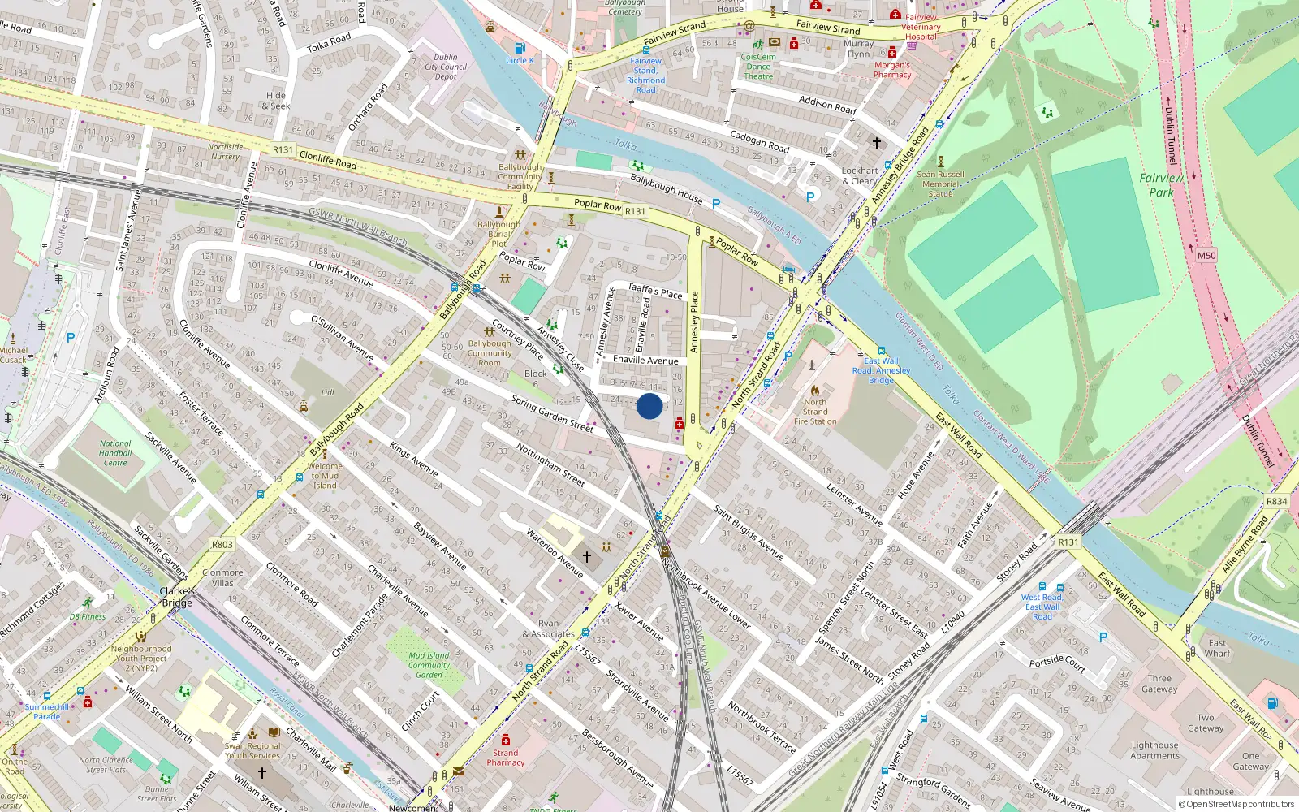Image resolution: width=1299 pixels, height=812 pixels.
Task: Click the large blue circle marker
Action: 649,406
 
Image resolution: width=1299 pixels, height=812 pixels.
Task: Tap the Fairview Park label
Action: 1161,185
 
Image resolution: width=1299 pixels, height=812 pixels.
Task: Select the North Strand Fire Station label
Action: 815,412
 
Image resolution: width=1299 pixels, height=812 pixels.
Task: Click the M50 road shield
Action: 1206,256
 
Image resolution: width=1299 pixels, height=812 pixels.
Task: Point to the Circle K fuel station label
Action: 520,60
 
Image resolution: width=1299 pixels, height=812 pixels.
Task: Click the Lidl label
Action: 327,392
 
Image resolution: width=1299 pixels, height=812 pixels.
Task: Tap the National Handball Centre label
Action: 115,453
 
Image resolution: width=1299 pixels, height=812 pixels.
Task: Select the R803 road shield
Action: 222,545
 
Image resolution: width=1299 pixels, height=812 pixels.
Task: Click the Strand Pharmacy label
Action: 506,758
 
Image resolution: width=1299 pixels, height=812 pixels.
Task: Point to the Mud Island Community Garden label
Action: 429,665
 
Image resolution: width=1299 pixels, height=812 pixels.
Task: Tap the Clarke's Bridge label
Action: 177,597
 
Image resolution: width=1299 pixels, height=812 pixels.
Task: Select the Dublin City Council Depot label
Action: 446,67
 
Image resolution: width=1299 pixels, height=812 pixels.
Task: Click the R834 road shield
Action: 1276,501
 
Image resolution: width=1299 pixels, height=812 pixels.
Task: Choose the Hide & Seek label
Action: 276,101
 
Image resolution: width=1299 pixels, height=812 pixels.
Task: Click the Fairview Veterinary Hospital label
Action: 921,27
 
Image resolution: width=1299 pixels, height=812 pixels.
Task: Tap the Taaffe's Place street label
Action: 655,291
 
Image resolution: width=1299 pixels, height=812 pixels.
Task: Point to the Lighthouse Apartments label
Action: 1154,750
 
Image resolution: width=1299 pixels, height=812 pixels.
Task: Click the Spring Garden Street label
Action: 552,412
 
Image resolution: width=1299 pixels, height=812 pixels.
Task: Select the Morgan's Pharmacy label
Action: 892,70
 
